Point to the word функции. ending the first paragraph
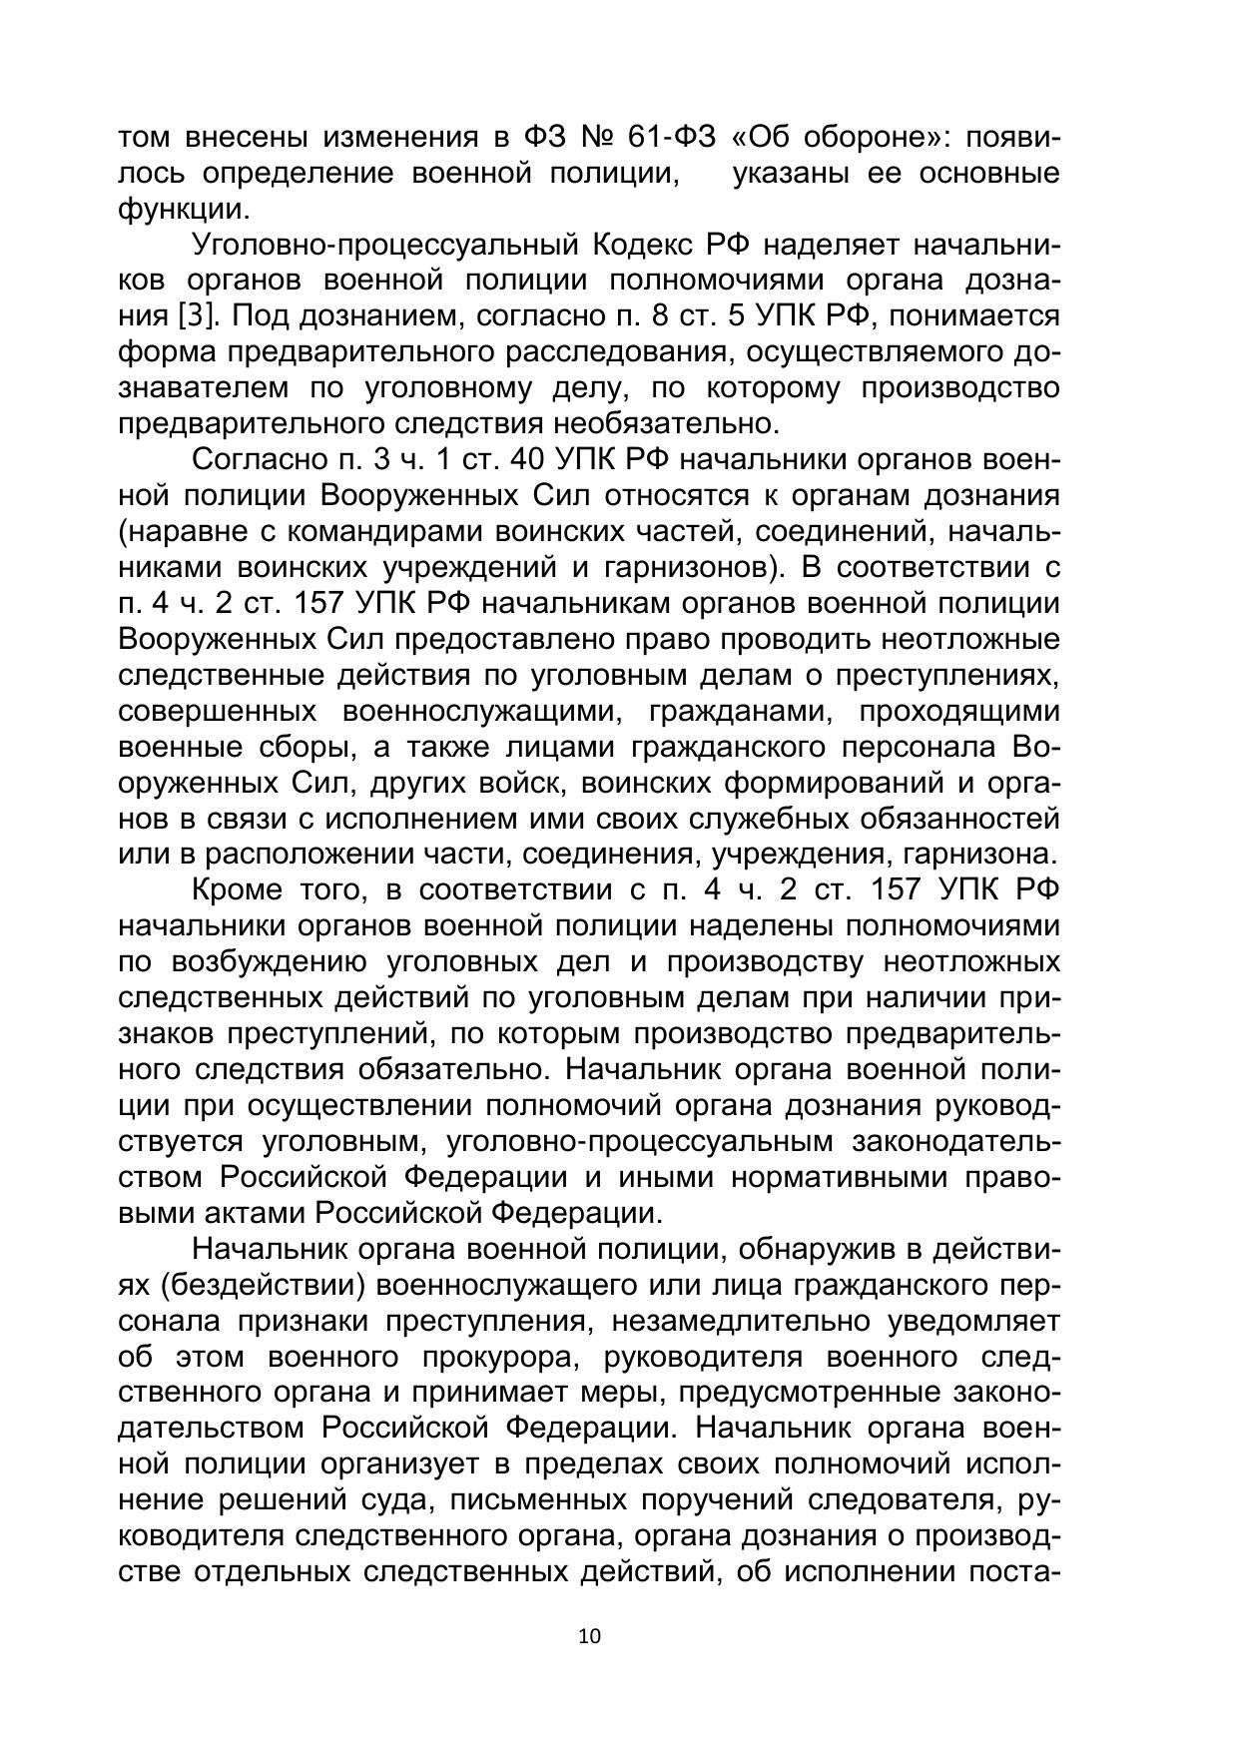(x=182, y=210)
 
